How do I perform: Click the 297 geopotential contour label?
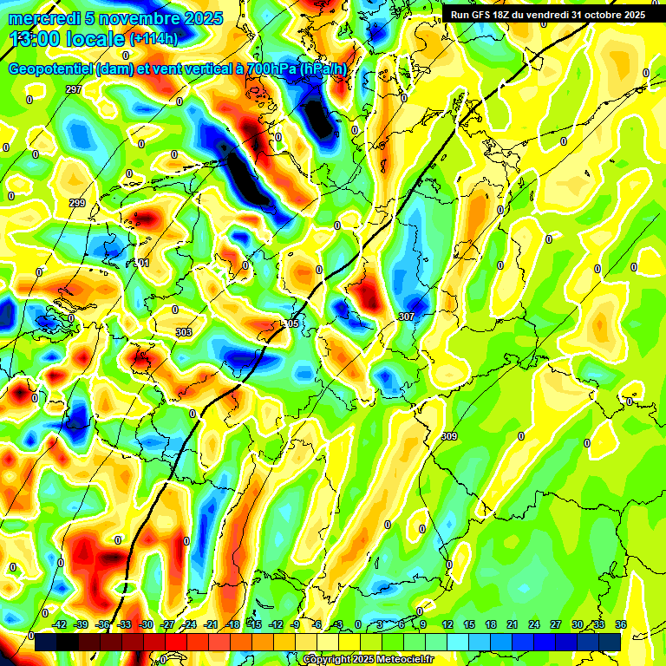pos(74,90)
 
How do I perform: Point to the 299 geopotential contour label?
pos(77,203)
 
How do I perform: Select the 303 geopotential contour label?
pos(183,332)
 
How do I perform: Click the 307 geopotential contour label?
pos(406,317)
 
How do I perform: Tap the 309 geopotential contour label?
pos(449,435)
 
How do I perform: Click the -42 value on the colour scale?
pos(60,624)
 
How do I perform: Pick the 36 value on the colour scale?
pos(621,624)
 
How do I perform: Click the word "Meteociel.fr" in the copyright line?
pos(402,660)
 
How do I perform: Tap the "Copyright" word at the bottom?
pos(328,660)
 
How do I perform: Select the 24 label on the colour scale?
pos(534,624)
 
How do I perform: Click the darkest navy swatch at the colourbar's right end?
pos(610,642)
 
